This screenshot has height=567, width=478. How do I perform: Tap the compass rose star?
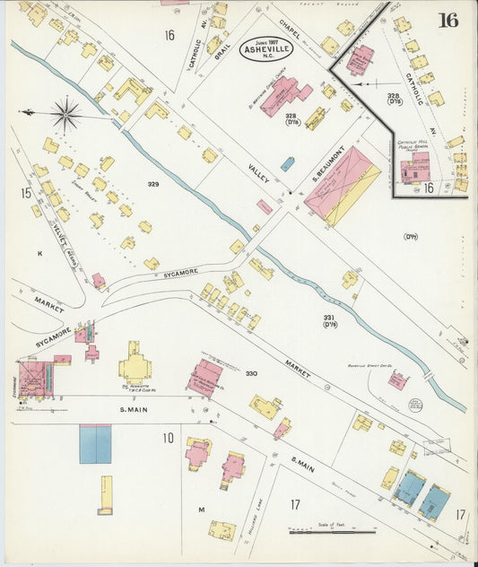coord(65,114)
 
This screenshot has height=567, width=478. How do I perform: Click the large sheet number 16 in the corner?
coord(448,20)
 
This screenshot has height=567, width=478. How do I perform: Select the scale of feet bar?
coord(332,530)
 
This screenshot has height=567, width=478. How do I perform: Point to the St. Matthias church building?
coord(282,94)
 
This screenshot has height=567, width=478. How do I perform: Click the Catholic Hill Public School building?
coord(414,168)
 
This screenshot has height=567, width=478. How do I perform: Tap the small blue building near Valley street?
coord(287,164)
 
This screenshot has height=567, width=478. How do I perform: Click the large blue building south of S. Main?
coord(95,443)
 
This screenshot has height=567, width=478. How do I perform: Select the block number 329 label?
coord(153,184)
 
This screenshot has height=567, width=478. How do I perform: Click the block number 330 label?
coord(251,373)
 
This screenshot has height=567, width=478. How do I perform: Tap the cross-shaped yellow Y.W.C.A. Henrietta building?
coord(135,363)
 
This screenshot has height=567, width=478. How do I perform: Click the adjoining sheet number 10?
coord(168,438)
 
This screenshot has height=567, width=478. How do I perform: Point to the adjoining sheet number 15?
coord(26,192)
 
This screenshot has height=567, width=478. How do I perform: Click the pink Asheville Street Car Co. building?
coord(397,381)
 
